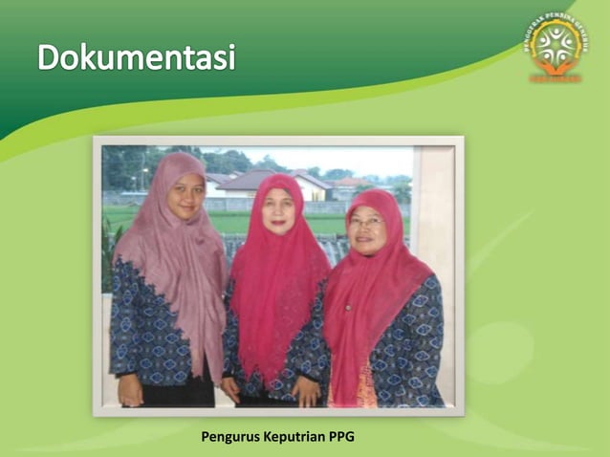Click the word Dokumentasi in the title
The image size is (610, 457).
click(x=136, y=58)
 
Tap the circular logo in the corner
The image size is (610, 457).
click(x=556, y=45)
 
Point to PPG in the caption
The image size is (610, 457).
click(x=341, y=438)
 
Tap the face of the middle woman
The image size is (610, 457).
click(x=279, y=210)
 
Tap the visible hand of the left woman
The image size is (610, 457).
click(x=131, y=390)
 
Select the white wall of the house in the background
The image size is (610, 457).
click(x=311, y=192)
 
